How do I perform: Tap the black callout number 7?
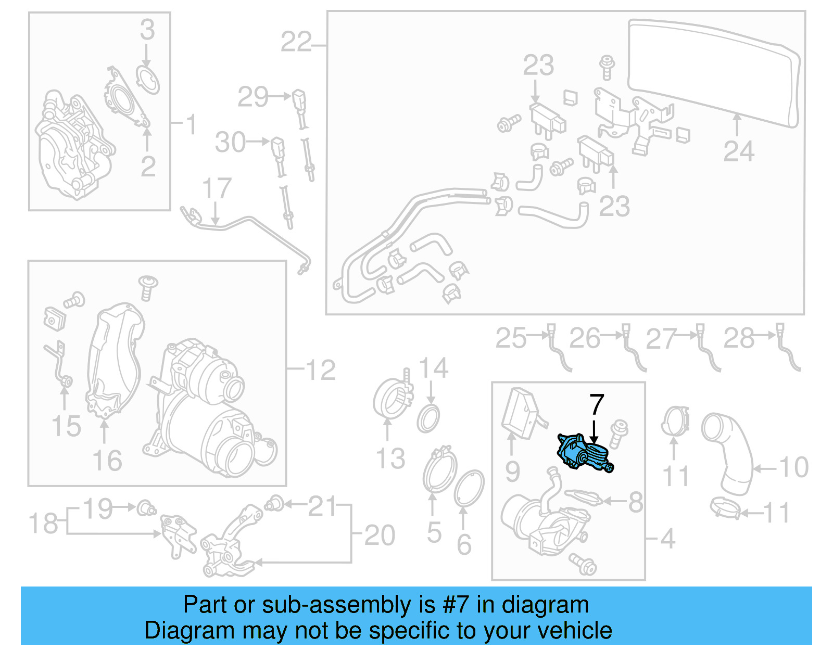coord(596,405)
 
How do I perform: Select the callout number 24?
coord(738,151)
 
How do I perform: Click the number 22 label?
coord(296,42)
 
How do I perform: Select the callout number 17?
coord(217,188)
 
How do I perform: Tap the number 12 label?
coord(320,370)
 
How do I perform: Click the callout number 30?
coord(230,142)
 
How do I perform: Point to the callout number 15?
coord(66,426)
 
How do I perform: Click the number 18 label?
coord(43,523)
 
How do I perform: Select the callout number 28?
coord(739,338)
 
